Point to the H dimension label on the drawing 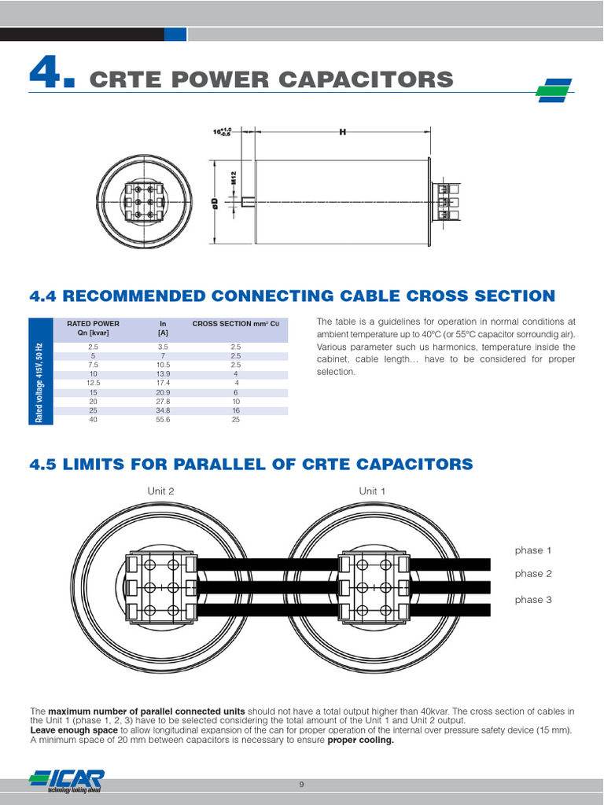click(343, 132)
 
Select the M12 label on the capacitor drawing click(234, 179)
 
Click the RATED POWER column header click(94, 323)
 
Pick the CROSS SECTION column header click(235, 323)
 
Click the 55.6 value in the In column click(163, 421)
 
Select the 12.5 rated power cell click(94, 383)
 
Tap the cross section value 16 click(235, 411)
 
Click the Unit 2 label click(160, 491)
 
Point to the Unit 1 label click(372, 491)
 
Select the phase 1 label click(533, 550)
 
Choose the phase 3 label click(533, 600)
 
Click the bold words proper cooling click(360, 740)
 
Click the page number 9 click(301, 785)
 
